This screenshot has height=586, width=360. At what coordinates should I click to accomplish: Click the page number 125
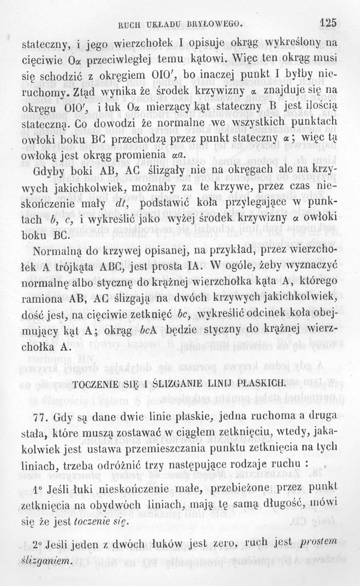(x=327, y=22)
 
